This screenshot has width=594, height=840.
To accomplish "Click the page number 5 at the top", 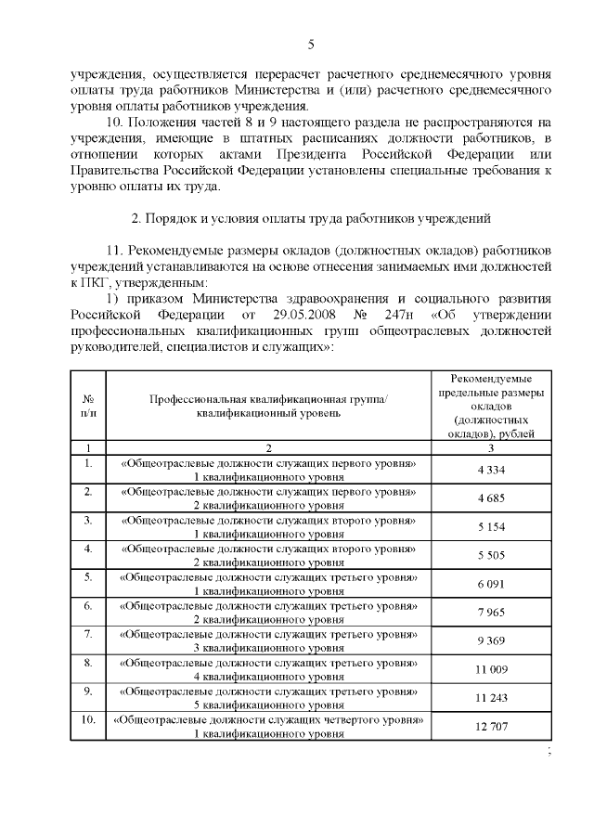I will coord(311,45).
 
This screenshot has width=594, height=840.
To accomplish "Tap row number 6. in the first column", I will coord(88,605).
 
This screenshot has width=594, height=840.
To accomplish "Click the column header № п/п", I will coord(88,405).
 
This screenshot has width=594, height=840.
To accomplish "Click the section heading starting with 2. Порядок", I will coord(311,218).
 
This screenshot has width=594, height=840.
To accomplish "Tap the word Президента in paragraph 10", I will coord(321,153).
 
